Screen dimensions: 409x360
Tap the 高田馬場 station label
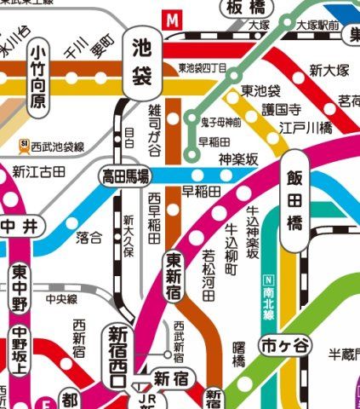(x=126, y=176)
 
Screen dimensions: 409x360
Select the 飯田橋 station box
(x=294, y=204)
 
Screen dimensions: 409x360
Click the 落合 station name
(x=89, y=236)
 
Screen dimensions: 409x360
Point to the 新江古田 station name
(x=38, y=172)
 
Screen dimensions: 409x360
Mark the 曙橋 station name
(x=239, y=354)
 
